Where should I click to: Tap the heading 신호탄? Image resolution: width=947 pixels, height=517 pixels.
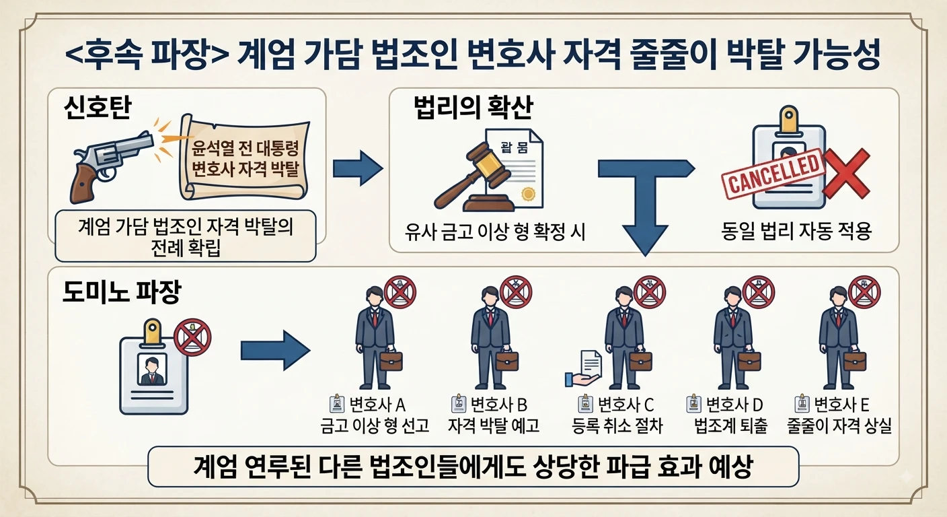[98, 108]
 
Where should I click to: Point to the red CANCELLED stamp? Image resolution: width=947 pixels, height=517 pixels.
[773, 174]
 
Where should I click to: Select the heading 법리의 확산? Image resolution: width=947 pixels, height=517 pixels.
[473, 108]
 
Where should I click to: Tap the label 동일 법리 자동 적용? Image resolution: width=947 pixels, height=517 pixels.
[796, 232]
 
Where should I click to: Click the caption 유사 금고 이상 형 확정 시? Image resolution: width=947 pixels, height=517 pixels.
[495, 232]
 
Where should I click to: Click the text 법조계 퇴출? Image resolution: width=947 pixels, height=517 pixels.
[731, 425]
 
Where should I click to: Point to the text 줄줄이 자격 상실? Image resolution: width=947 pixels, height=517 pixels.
[839, 425]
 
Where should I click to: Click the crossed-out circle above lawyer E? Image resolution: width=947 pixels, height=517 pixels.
[864, 292]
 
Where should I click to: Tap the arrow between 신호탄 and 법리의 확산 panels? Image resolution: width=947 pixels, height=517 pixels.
[358, 168]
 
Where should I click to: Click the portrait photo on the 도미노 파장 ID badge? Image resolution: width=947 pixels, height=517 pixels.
[152, 370]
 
